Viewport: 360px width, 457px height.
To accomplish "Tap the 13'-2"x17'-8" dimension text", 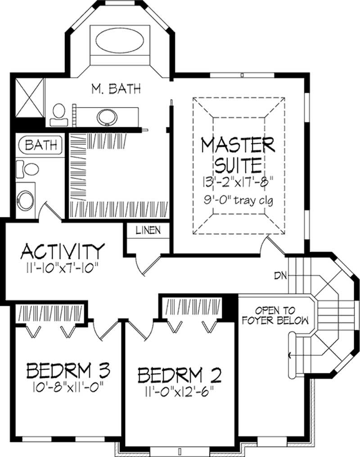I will coord(238,182).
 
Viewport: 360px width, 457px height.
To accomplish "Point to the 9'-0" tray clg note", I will coord(238,199).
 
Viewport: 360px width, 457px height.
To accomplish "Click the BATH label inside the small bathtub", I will coord(41,145).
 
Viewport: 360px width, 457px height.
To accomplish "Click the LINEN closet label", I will coord(148,231).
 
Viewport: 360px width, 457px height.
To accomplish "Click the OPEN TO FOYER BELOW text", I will coord(274,315).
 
